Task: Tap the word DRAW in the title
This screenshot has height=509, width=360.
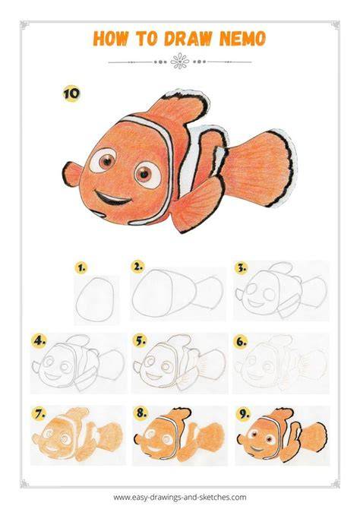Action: coord(188,39)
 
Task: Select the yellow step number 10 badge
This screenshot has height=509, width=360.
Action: coord(71,93)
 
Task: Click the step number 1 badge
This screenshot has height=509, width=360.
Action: coord(81,268)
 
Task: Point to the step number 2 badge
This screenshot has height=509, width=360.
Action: coord(138,267)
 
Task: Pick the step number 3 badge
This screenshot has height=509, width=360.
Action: coord(241,267)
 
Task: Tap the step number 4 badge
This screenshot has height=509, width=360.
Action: coord(39,340)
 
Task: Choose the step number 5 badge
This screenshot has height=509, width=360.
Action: coord(140,340)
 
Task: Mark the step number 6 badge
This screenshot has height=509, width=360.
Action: coord(241,341)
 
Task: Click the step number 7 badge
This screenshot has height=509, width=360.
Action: coord(39,413)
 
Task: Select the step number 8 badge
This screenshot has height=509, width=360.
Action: coord(141,413)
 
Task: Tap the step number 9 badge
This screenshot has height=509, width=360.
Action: coord(244,413)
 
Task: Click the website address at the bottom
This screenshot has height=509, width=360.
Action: coord(180,497)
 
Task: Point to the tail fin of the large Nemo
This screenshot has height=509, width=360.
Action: coord(263,168)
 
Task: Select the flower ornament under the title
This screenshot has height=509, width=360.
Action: coord(180,62)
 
